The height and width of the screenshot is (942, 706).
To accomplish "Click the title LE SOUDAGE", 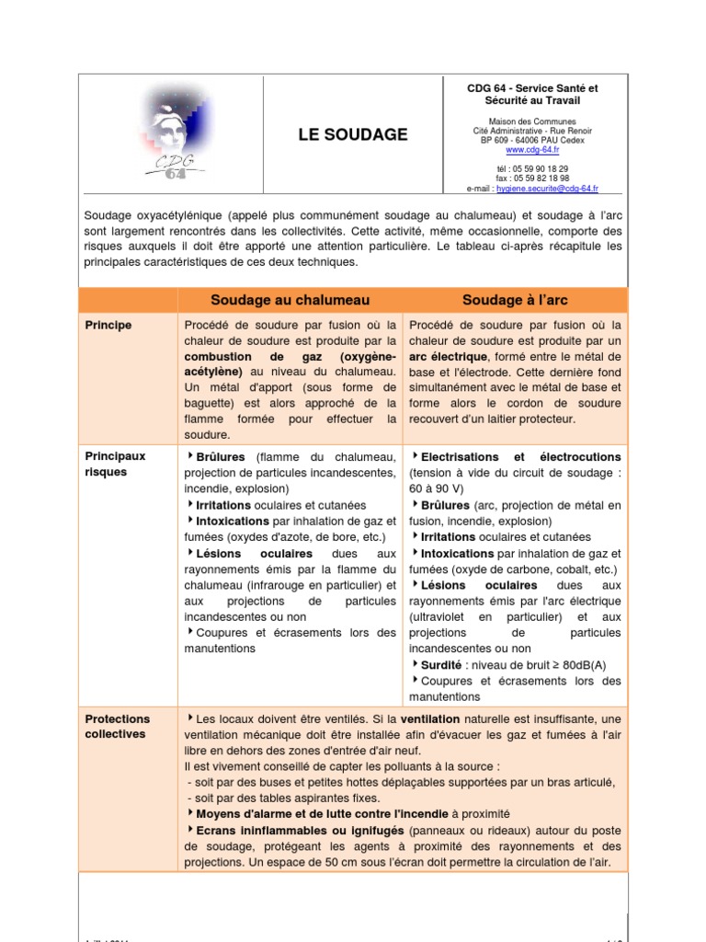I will point(352,135).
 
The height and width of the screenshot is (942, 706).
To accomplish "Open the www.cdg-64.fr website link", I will point(532,150).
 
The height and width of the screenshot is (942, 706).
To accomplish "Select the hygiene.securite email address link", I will point(547,188).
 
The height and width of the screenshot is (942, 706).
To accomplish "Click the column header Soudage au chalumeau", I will point(290,300).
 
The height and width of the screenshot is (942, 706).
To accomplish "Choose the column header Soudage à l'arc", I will point(515,300).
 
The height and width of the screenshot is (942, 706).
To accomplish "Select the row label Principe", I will point(108,326).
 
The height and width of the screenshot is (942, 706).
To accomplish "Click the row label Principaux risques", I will point(115,464).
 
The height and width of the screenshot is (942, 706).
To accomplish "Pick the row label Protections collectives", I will point(118,727).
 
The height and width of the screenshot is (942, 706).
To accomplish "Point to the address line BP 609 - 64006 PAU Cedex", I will point(532,140).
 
